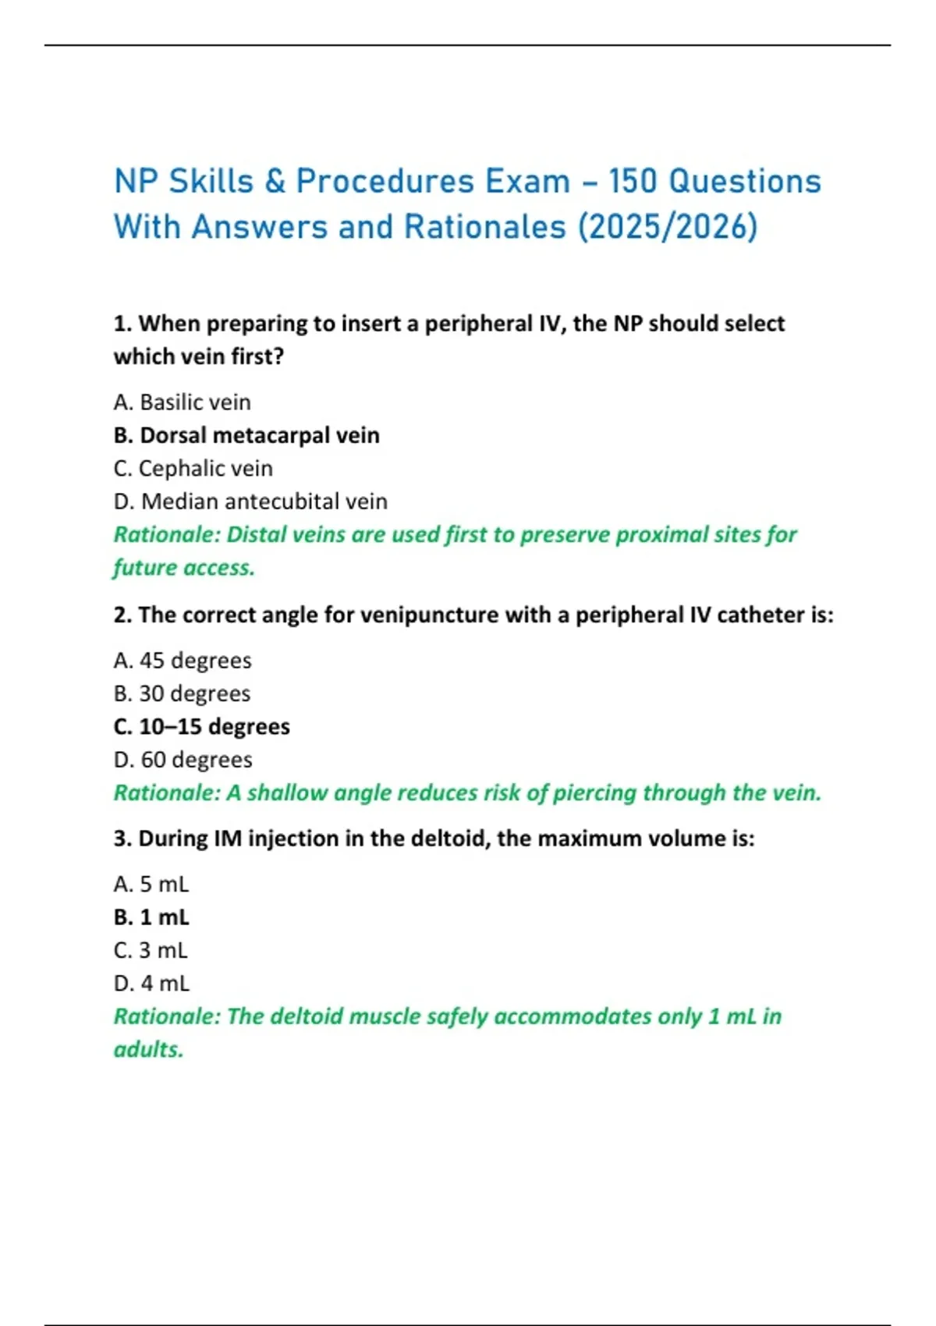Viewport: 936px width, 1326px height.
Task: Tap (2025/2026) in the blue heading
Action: coord(668,227)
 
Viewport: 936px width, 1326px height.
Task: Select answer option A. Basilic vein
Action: coord(183,402)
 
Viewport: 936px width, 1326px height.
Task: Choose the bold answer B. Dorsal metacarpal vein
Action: coord(246,435)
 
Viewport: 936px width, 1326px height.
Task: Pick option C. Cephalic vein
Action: coord(193,469)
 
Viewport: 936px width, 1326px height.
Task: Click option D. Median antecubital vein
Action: coord(250,502)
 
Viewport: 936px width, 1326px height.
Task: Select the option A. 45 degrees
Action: coord(183,661)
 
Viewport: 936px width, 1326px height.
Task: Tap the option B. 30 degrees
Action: coord(183,693)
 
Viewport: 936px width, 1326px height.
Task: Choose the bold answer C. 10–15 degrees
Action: coord(201,727)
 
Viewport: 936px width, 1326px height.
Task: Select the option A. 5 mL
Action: coord(151,885)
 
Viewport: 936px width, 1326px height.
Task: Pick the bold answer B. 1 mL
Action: coord(151,917)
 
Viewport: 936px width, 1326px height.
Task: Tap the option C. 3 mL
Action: coord(151,951)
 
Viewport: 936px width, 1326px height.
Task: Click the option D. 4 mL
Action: coord(151,984)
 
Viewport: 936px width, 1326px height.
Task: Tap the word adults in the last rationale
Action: coord(147,1050)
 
